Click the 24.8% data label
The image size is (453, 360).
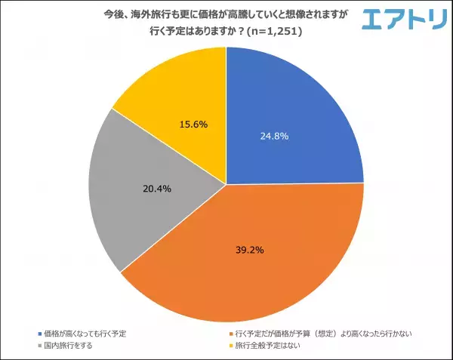tap(273, 137)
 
